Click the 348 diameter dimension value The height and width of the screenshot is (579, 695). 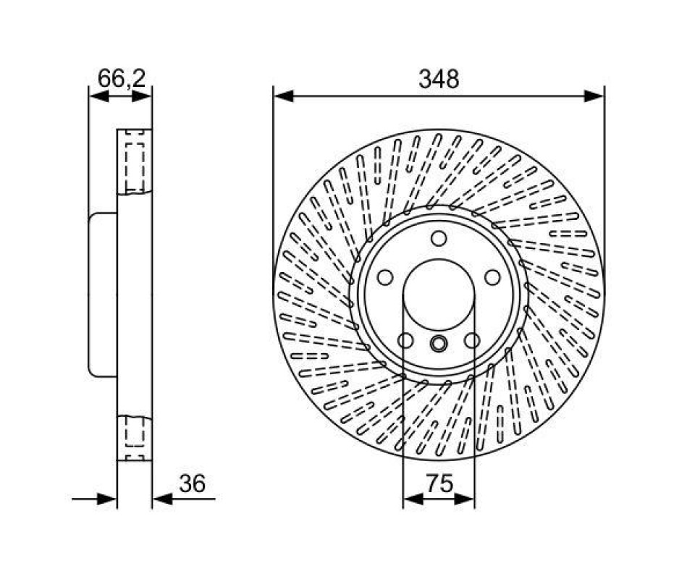point(439,80)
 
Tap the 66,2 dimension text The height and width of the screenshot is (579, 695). point(121,79)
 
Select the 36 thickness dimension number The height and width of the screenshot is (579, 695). point(193,483)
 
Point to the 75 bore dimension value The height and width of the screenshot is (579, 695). point(439,483)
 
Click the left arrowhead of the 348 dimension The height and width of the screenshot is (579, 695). point(284,96)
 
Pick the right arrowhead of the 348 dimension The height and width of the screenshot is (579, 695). point(594,96)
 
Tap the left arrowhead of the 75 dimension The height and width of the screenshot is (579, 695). point(413,499)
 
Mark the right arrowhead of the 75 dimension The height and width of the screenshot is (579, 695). point(465,499)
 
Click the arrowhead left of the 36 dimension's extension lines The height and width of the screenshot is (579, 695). point(107,499)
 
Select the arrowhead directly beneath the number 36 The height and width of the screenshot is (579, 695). point(162,499)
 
